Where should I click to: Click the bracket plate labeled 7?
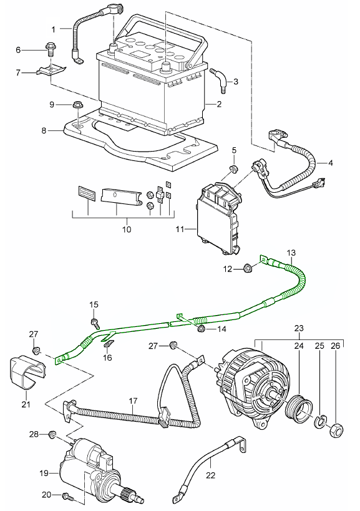tap(50, 71)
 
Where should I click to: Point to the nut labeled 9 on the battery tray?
tap(77, 105)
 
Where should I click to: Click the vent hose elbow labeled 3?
tap(218, 78)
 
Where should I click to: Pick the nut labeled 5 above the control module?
tap(233, 170)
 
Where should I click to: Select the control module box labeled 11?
tap(219, 216)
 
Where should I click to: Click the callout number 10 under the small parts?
tap(127, 229)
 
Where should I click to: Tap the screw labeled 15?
tap(95, 323)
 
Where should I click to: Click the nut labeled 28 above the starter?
tap(52, 434)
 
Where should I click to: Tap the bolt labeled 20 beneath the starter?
tap(67, 497)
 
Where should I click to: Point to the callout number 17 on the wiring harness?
tap(132, 401)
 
